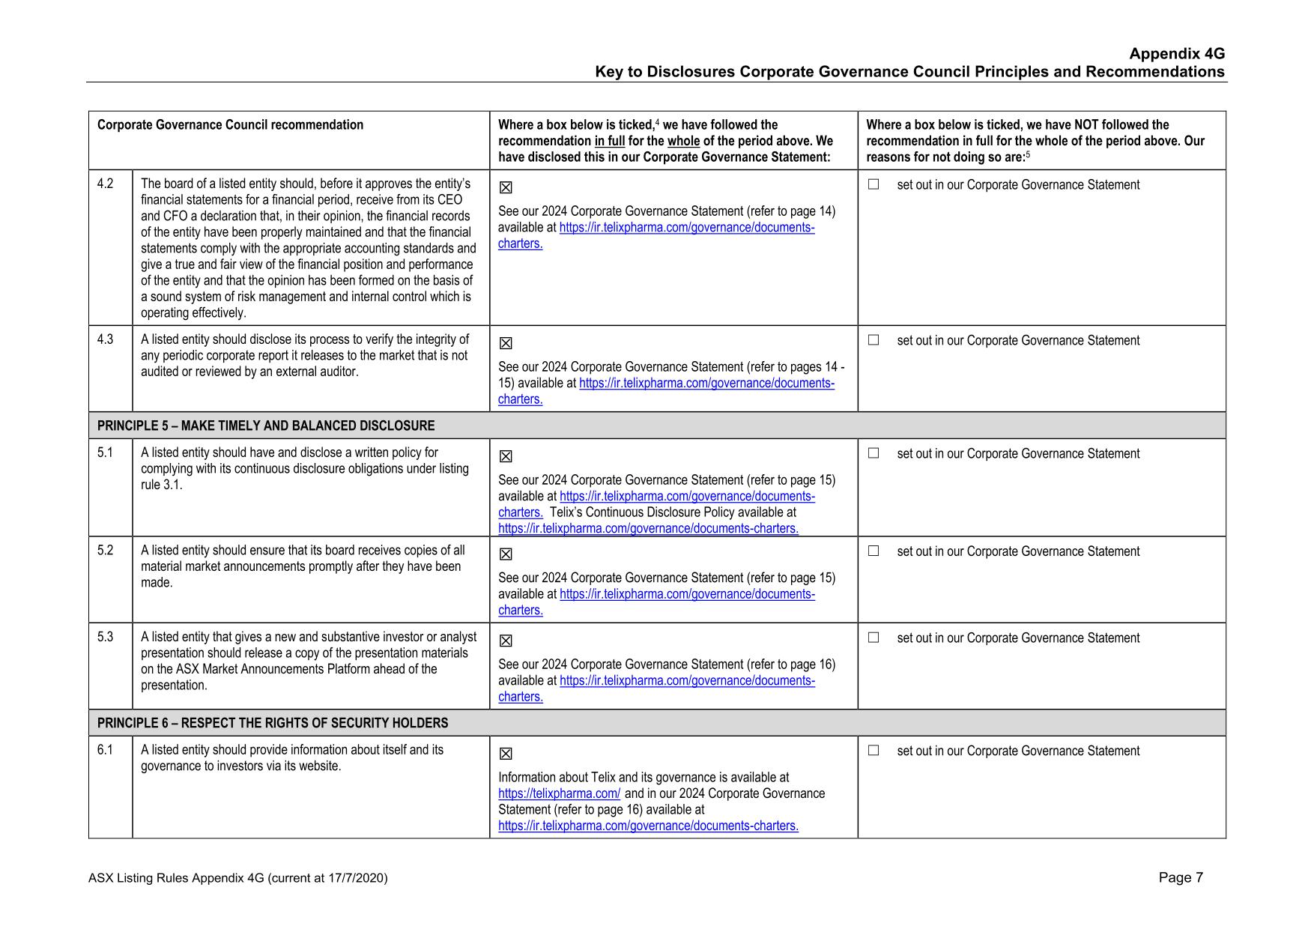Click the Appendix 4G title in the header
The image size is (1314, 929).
[x=1176, y=54]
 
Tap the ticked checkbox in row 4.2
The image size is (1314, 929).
[x=506, y=188]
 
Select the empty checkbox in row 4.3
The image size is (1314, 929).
[x=874, y=340]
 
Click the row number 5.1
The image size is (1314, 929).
[x=106, y=453]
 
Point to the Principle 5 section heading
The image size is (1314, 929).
[x=266, y=426]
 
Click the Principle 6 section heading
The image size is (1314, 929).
[x=273, y=723]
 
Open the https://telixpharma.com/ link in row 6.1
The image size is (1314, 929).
[x=559, y=793]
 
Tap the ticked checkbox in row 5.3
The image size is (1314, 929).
[x=506, y=641]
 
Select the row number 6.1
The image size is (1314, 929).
[x=106, y=750]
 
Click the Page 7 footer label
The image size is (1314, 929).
[x=1181, y=878]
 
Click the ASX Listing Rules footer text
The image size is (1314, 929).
[x=237, y=878]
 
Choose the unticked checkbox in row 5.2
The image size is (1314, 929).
[x=874, y=551]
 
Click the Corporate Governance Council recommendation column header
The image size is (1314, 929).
[x=230, y=125]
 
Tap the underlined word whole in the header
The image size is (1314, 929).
[x=683, y=141]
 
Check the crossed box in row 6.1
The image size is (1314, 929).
[x=506, y=754]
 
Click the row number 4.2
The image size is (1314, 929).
[x=106, y=184]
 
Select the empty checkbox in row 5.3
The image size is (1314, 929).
[x=874, y=638]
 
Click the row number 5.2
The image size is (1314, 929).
[x=106, y=551]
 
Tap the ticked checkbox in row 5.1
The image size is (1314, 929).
[x=506, y=457]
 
